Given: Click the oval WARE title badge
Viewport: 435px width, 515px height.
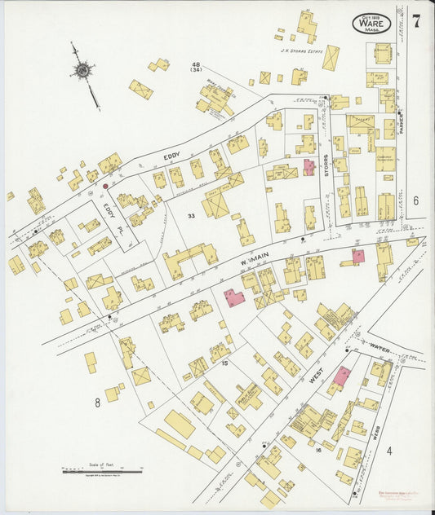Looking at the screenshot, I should click(371, 23).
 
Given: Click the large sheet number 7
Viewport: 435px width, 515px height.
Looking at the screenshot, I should click(416, 21).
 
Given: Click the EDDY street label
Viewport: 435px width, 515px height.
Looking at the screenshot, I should click(171, 154).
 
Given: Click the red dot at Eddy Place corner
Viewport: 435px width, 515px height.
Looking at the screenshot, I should click(105, 186).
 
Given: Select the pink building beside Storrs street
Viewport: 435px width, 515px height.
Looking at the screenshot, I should click(308, 167).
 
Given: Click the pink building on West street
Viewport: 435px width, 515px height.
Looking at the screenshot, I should click(341, 376).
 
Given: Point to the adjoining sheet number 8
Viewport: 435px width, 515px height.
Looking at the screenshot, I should click(96, 401).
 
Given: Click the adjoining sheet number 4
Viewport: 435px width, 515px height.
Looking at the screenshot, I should click(389, 451).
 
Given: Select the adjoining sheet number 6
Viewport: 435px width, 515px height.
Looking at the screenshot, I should click(415, 200).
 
